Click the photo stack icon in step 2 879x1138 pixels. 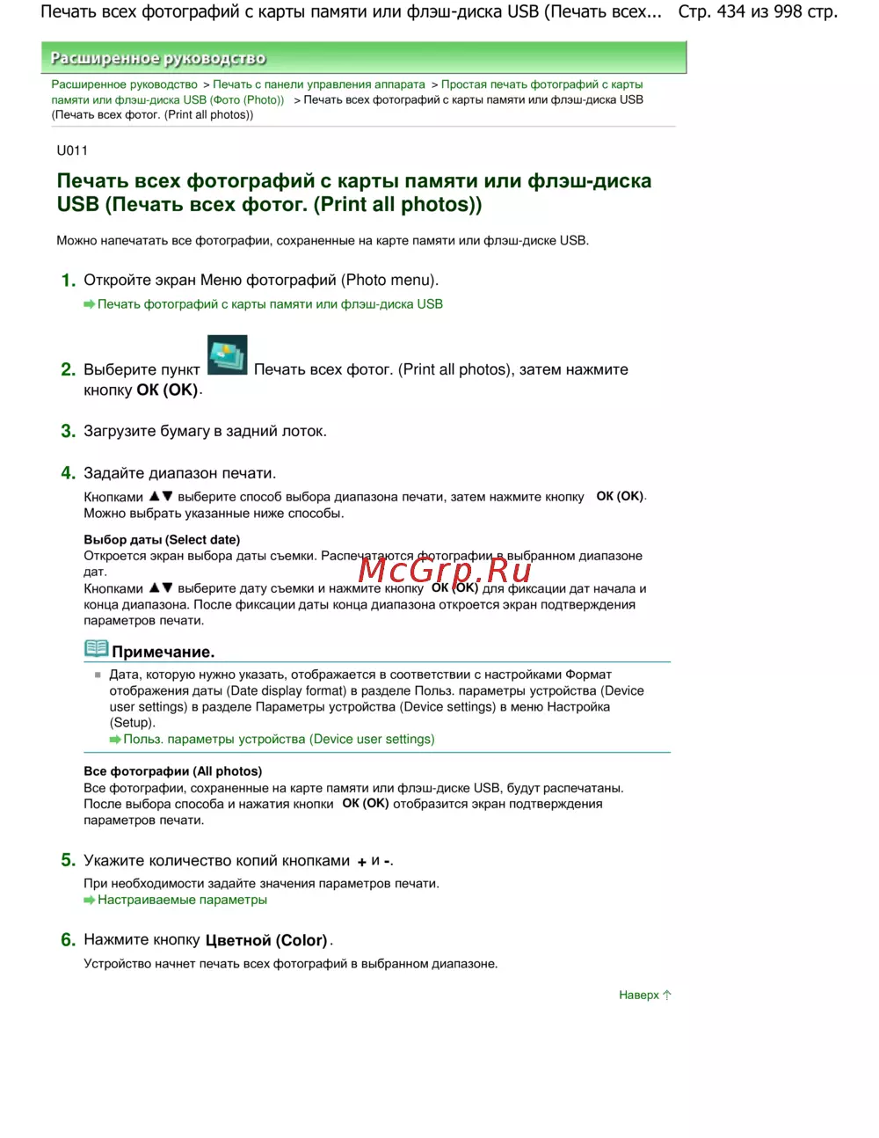pyautogui.click(x=227, y=355)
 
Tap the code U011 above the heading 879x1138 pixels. pyautogui.click(x=72, y=150)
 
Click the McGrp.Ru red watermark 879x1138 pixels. pyautogui.click(x=445, y=570)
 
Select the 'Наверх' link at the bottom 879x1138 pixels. pyautogui.click(x=638, y=995)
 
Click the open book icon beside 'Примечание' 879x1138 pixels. pyautogui.click(x=96, y=649)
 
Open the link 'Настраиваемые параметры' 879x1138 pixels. pyautogui.click(x=182, y=900)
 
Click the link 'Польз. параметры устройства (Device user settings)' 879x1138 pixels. pyautogui.click(x=279, y=739)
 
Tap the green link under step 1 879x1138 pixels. pyautogui.click(x=270, y=303)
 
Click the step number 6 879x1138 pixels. pyautogui.click(x=68, y=940)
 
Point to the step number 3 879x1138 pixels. pyautogui.click(x=68, y=431)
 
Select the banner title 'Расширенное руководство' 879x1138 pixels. pyautogui.click(x=158, y=58)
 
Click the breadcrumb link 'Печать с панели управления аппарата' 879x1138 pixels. pyautogui.click(x=319, y=84)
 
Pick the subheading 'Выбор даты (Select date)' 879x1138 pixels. pyautogui.click(x=162, y=539)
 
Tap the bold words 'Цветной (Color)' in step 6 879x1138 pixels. pyautogui.click(x=266, y=940)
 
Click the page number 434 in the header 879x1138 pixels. pyautogui.click(x=731, y=11)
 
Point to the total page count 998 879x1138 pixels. pyautogui.click(x=788, y=11)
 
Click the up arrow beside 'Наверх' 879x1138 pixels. pyautogui.click(x=667, y=995)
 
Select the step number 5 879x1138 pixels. pyautogui.click(x=68, y=860)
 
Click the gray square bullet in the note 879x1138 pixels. pyautogui.click(x=98, y=675)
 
